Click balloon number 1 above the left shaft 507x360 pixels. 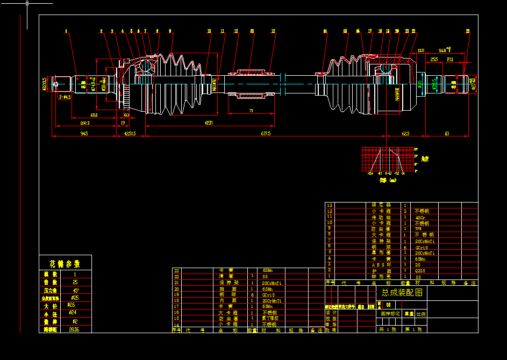(x=67, y=32)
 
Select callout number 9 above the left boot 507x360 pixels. (x=170, y=32)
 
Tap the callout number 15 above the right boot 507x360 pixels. (x=345, y=32)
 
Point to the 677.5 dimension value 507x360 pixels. (x=266, y=133)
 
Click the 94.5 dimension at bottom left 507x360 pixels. (x=84, y=133)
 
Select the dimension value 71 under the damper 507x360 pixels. (x=251, y=111)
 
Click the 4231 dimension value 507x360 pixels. (x=208, y=123)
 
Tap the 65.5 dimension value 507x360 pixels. (x=94, y=115)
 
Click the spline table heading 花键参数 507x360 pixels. (x=65, y=264)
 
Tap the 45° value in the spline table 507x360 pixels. (x=75, y=290)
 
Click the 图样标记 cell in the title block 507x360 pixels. (x=390, y=313)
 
